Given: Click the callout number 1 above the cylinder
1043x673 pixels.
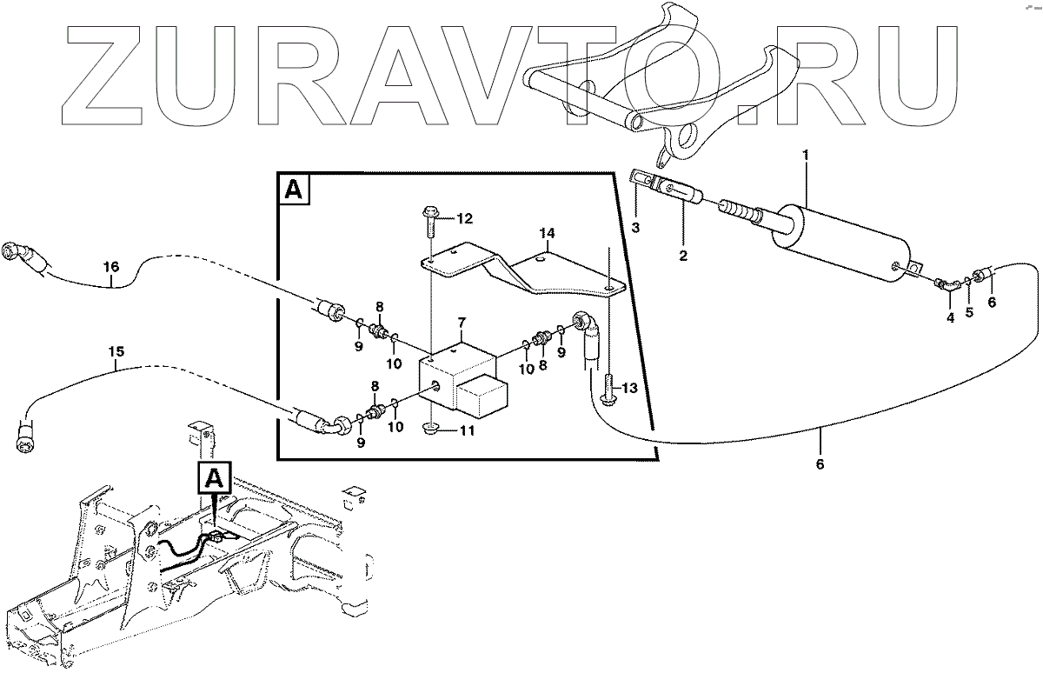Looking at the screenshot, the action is (x=806, y=156).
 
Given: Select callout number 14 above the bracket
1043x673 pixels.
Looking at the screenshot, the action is (x=547, y=233).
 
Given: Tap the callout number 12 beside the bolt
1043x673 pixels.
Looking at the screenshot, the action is (x=465, y=217).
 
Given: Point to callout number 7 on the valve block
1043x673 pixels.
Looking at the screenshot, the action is (x=462, y=323).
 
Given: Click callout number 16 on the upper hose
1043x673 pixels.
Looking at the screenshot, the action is (x=110, y=268).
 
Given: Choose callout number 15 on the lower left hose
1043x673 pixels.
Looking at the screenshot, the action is (x=116, y=352).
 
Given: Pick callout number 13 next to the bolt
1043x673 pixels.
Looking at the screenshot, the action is (x=628, y=388).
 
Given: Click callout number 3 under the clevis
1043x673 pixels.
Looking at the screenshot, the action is (x=635, y=228).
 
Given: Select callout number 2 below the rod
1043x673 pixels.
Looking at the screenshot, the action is (x=683, y=256).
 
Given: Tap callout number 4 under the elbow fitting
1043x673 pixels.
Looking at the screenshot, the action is (x=950, y=318).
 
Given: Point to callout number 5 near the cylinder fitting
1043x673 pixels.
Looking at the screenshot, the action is (x=969, y=311).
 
